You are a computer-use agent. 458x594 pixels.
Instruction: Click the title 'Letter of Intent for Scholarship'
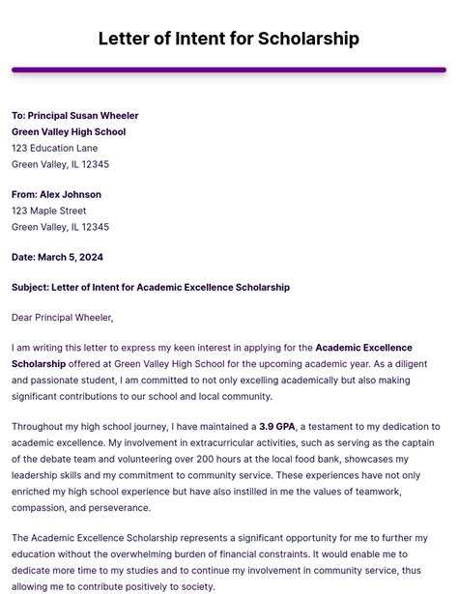click(x=229, y=40)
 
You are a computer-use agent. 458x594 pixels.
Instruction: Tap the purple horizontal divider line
click(x=229, y=70)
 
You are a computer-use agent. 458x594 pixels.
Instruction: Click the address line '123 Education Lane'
click(x=54, y=148)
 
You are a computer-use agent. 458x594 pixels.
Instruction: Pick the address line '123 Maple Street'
click(x=48, y=211)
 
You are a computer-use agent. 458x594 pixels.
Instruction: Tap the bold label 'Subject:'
click(x=30, y=287)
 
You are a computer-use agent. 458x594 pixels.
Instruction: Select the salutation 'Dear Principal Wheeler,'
click(x=62, y=317)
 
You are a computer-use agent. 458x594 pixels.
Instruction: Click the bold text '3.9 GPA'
click(x=277, y=427)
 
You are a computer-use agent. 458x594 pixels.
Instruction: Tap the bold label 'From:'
click(x=24, y=195)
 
